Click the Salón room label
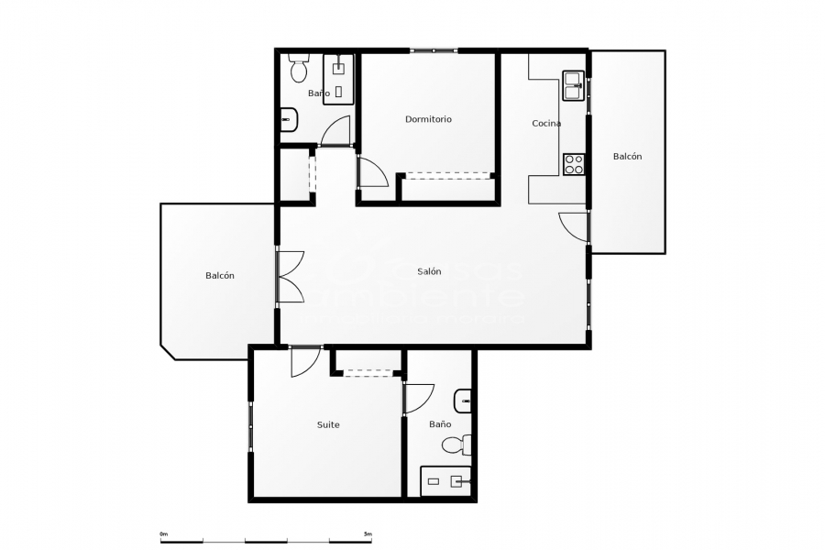pos(429,271)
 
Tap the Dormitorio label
pos(428,119)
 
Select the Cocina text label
pos(546,123)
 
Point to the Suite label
pos(328,424)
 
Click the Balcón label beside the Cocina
pos(627,156)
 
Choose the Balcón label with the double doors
pos(220,276)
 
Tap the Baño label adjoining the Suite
pos(440,424)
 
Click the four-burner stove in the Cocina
pos(574,164)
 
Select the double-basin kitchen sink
pos(574,84)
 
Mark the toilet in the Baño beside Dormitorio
pos(298,69)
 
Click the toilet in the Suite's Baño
pos(456,445)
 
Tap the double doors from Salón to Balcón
pos(291,276)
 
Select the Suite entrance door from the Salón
pos(304,361)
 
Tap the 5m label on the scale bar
pos(367,533)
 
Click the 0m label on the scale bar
pos(163,533)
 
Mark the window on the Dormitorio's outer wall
pos(431,50)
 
